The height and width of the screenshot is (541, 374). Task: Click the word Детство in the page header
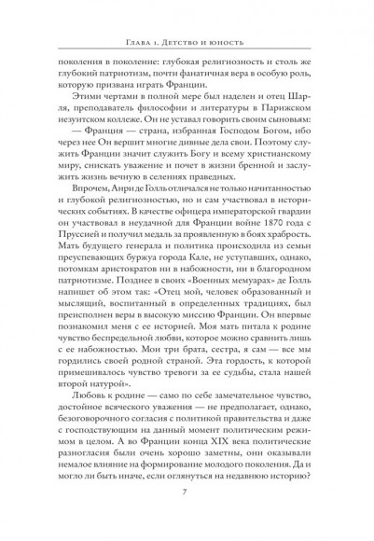point(186,42)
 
